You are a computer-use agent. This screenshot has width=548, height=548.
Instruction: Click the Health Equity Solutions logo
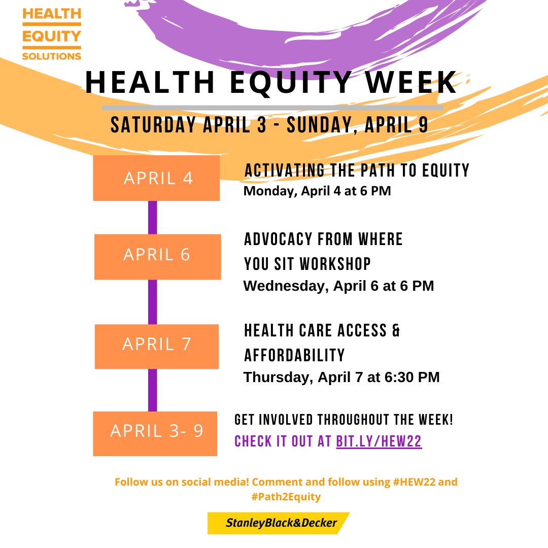tap(51, 34)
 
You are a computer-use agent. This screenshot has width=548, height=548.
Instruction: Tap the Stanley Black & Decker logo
tap(279, 523)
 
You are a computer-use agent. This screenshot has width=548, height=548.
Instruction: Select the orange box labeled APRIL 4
tap(156, 178)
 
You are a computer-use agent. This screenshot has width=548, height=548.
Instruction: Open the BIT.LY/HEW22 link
tap(379, 441)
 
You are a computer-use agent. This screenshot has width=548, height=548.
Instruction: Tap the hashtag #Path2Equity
tap(286, 497)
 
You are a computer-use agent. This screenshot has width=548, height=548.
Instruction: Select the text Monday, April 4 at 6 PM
tap(317, 192)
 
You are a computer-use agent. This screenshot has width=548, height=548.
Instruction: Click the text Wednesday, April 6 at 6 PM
tap(338, 286)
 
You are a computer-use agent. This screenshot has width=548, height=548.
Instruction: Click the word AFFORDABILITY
tap(294, 355)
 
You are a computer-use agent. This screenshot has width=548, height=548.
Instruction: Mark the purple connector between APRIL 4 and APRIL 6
tap(152, 217)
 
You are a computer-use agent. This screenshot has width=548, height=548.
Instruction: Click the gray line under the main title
tap(272, 108)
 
